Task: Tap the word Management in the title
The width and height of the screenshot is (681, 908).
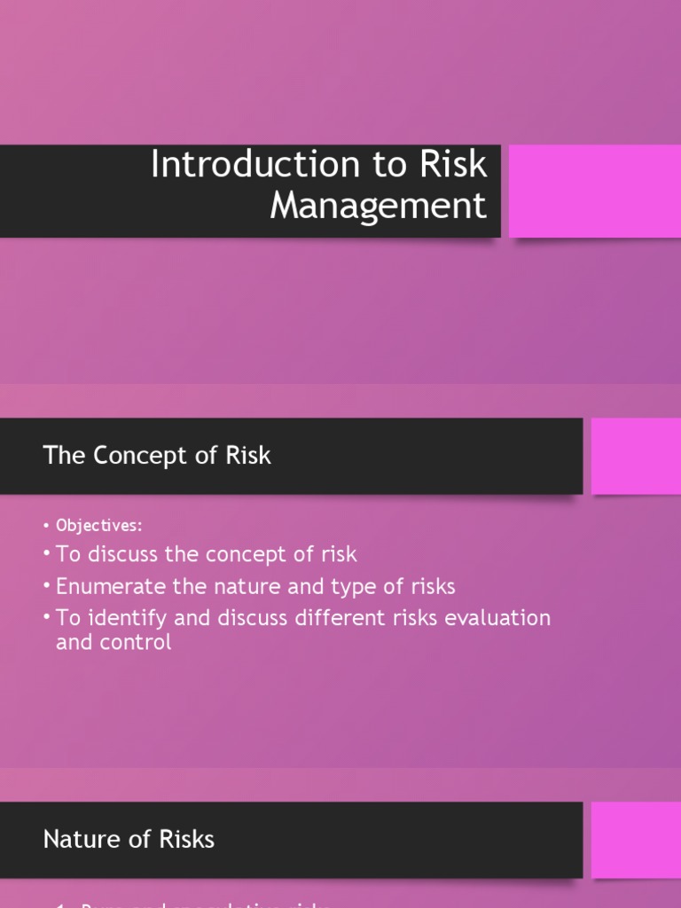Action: pos(379,206)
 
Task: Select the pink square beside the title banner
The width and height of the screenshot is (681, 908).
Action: pos(595,191)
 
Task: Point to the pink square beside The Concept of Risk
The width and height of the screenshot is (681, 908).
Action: pos(636,456)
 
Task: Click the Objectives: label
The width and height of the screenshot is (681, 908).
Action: pos(99,525)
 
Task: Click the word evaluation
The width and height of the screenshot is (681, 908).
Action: pos(502,617)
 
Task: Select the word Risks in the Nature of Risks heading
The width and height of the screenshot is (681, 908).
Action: pos(187,839)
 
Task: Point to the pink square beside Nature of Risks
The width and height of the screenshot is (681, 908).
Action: pos(636,840)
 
